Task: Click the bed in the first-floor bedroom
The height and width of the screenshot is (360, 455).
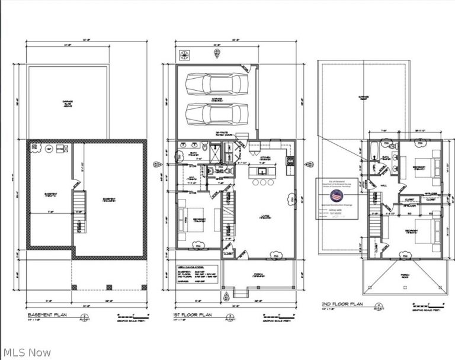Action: click(x=189, y=220)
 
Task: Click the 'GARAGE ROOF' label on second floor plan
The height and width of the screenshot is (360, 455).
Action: click(x=363, y=97)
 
